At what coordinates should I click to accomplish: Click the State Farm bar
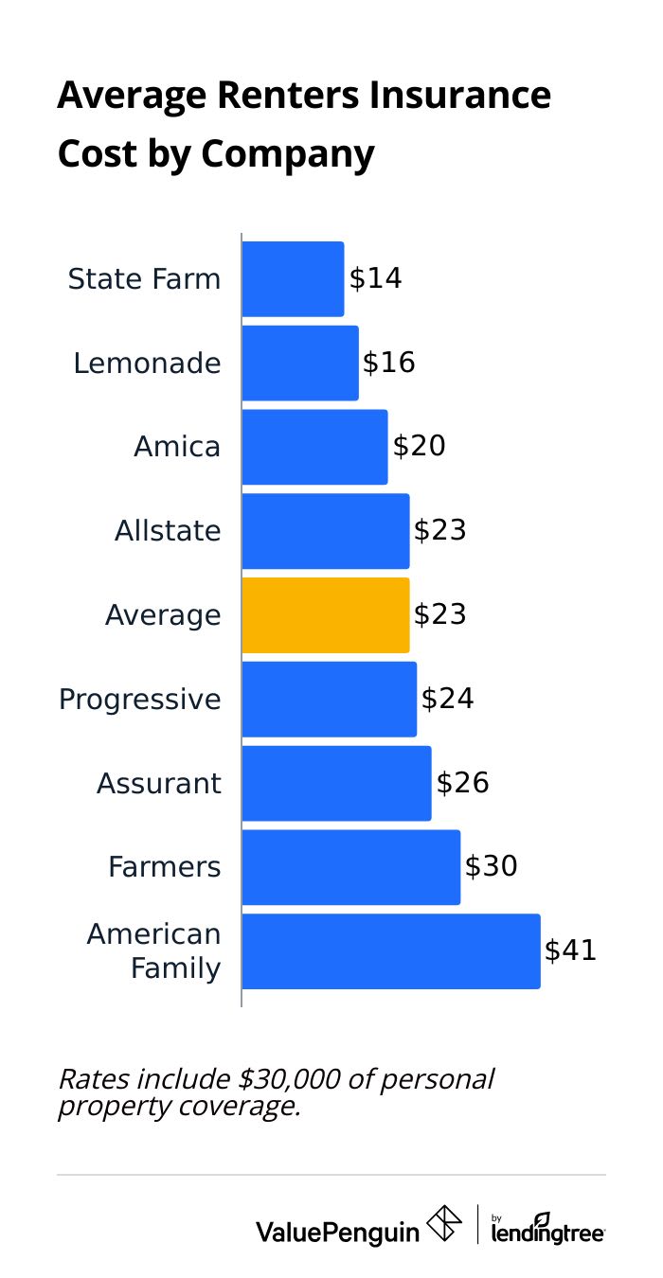pos(293,279)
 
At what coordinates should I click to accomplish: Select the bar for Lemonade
pos(300,364)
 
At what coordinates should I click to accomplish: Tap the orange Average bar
pos(326,615)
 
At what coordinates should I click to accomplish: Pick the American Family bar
pos(391,951)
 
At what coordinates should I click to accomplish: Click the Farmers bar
pos(350,867)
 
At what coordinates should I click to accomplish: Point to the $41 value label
pos(570,950)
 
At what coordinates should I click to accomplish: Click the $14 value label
pos(375,279)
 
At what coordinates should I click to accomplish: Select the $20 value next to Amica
pos(419,447)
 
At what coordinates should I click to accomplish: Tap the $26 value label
pos(462,783)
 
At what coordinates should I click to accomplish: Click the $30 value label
pos(491,867)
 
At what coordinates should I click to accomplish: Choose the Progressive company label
pos(139,700)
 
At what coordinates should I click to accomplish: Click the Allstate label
pos(168,531)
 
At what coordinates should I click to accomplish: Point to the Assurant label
pos(158,783)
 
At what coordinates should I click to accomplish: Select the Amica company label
pos(177,447)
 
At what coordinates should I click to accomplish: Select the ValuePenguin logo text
pos(337,1232)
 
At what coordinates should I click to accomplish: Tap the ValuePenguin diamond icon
pos(445,1223)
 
